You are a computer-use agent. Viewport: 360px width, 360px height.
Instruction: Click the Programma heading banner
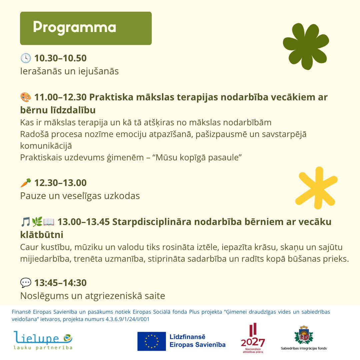tap(86, 28)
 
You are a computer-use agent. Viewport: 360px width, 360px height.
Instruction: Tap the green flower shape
tap(306, 46)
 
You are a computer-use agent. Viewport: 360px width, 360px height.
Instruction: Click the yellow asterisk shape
tap(316, 188)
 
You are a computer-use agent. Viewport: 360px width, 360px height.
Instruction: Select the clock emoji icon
tap(26, 58)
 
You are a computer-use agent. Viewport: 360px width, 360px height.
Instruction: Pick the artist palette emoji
tap(26, 97)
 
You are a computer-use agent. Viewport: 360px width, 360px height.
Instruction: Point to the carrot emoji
tap(26, 183)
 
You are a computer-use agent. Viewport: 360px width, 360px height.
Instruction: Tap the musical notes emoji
tap(25, 222)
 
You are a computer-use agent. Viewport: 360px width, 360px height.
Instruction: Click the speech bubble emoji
tap(26, 283)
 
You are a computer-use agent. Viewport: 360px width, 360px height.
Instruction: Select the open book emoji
tap(49, 222)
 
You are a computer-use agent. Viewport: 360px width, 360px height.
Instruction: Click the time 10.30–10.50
tap(60, 58)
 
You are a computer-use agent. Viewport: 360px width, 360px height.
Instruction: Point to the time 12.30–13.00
tap(60, 183)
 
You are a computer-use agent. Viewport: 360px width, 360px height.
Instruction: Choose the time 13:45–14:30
tap(60, 283)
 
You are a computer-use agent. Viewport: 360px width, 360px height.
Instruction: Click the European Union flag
tap(152, 341)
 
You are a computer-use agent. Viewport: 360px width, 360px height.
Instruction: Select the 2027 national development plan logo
tap(253, 338)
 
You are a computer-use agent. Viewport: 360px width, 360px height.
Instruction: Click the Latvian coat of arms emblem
tap(304, 335)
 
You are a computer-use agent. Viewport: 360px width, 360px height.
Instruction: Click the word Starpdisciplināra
tap(152, 222)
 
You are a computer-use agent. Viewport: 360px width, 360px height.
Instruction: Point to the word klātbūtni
tap(42, 235)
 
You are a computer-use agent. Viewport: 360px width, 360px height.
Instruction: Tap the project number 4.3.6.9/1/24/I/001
tap(127, 319)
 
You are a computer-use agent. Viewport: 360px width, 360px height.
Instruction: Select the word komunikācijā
tap(46, 146)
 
